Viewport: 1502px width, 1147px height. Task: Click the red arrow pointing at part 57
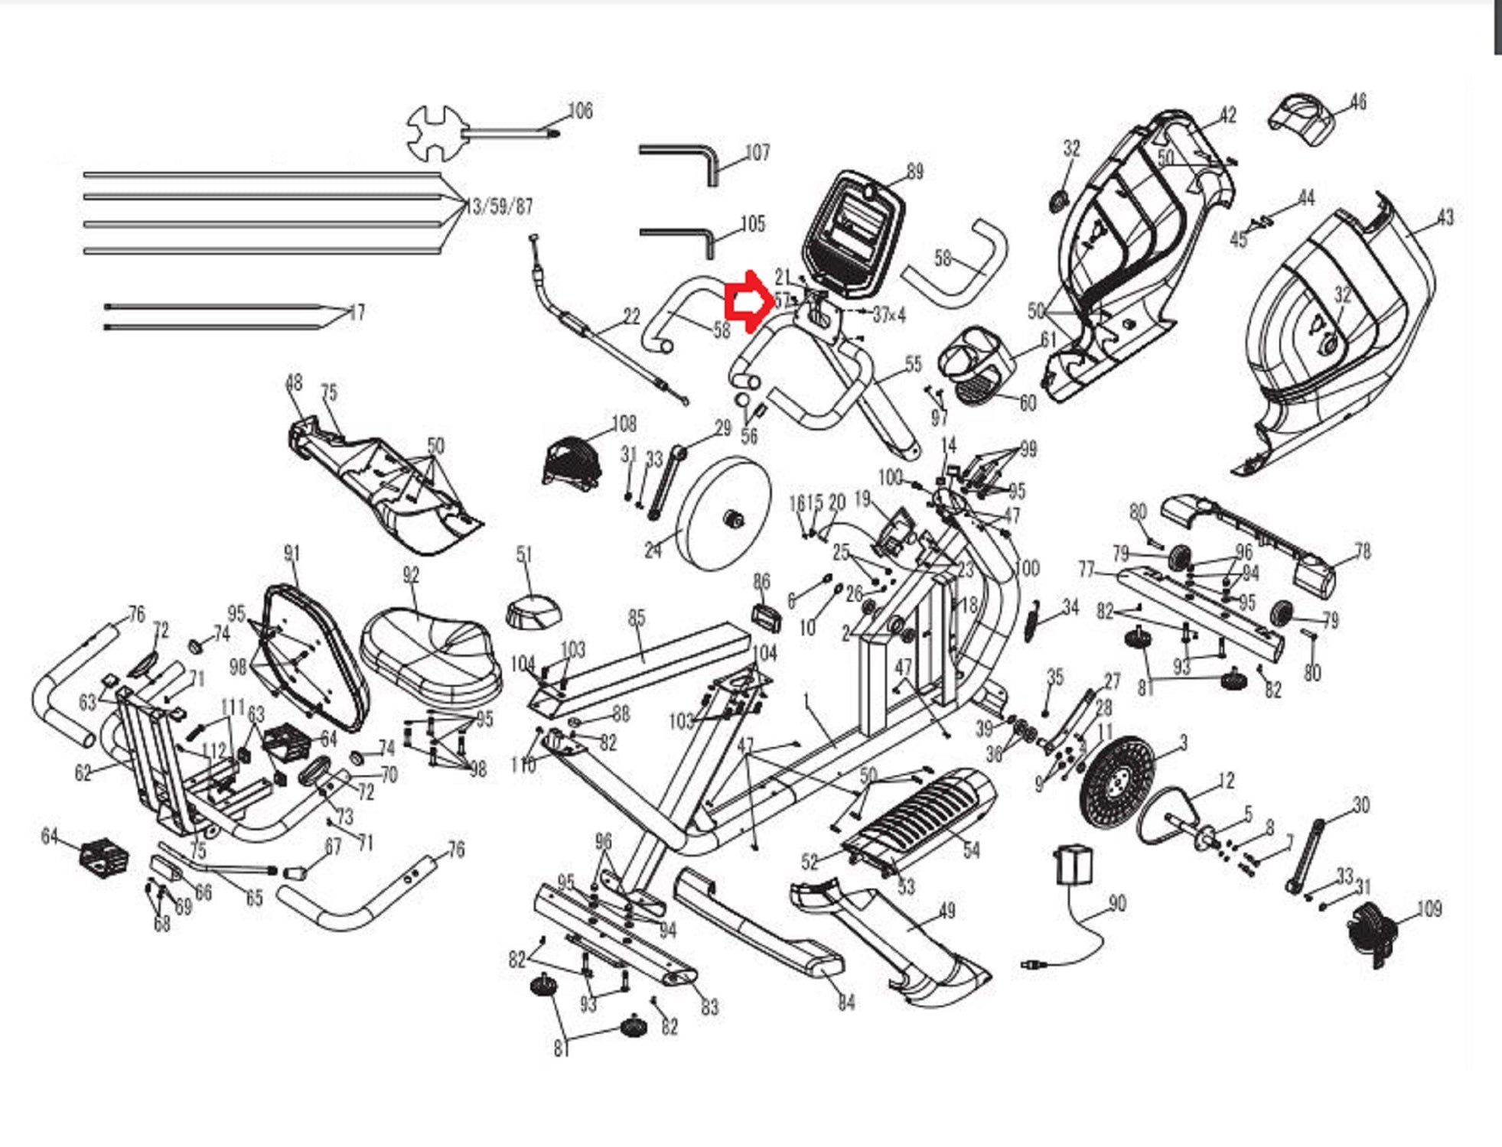pyautogui.click(x=743, y=302)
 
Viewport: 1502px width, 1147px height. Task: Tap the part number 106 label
pyautogui.click(x=580, y=111)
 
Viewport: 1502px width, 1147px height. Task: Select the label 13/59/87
pyautogui.click(x=499, y=206)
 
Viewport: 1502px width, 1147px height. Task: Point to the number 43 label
pyautogui.click(x=1445, y=218)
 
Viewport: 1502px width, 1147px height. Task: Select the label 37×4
pyautogui.click(x=889, y=314)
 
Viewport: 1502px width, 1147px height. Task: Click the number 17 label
pyautogui.click(x=356, y=312)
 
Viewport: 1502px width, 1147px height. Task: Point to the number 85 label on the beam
pyautogui.click(x=637, y=617)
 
